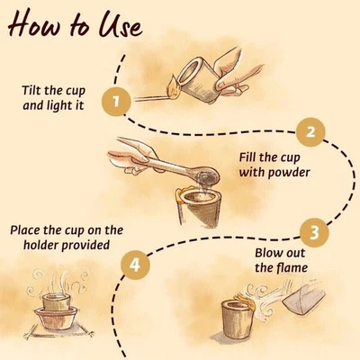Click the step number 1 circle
point(116,101)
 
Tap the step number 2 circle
point(310,132)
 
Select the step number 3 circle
point(314,232)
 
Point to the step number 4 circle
point(135,265)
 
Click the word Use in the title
point(121,24)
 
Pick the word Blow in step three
point(267,253)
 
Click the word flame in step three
point(292,267)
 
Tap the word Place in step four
point(25,230)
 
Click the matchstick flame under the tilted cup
point(174,87)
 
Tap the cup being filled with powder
point(200,208)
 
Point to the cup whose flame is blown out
point(237,319)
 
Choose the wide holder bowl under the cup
point(56,319)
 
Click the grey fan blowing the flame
point(303,297)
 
